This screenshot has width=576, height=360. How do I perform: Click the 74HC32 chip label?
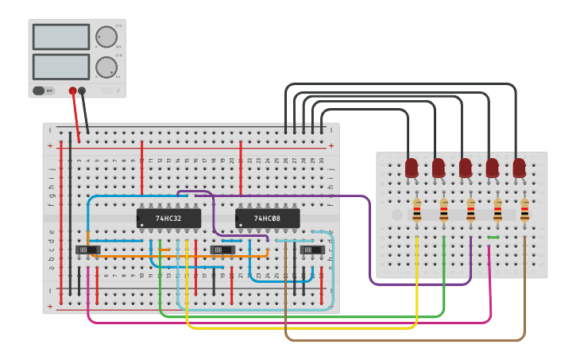coord(168,218)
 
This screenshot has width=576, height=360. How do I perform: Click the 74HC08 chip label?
coord(267,218)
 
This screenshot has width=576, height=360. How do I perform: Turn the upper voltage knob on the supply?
coord(106,37)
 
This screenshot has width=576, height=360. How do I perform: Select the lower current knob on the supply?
coord(106,68)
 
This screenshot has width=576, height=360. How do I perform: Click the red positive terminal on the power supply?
coord(72,91)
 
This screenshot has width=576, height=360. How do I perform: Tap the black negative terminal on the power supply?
coord(82,91)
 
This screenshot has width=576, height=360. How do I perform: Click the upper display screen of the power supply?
coord(61,37)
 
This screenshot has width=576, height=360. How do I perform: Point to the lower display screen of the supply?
coord(61,66)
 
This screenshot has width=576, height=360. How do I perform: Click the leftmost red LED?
coord(412,168)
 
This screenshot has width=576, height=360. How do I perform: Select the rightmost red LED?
coord(520,168)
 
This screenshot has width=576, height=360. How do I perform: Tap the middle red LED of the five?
coord(466,168)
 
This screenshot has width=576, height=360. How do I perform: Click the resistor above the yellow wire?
coord(417,210)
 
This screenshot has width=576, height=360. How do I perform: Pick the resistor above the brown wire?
coord(525,210)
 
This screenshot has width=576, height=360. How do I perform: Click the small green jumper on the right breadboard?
coord(493,237)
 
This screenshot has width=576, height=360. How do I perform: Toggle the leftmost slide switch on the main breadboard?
coord(88,250)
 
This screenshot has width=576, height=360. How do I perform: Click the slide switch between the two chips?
coord(222,250)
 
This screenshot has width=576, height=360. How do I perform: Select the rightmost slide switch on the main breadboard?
coord(311,250)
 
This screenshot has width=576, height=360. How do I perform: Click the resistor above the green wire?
coord(444,210)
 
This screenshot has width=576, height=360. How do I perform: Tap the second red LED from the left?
coord(439,168)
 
